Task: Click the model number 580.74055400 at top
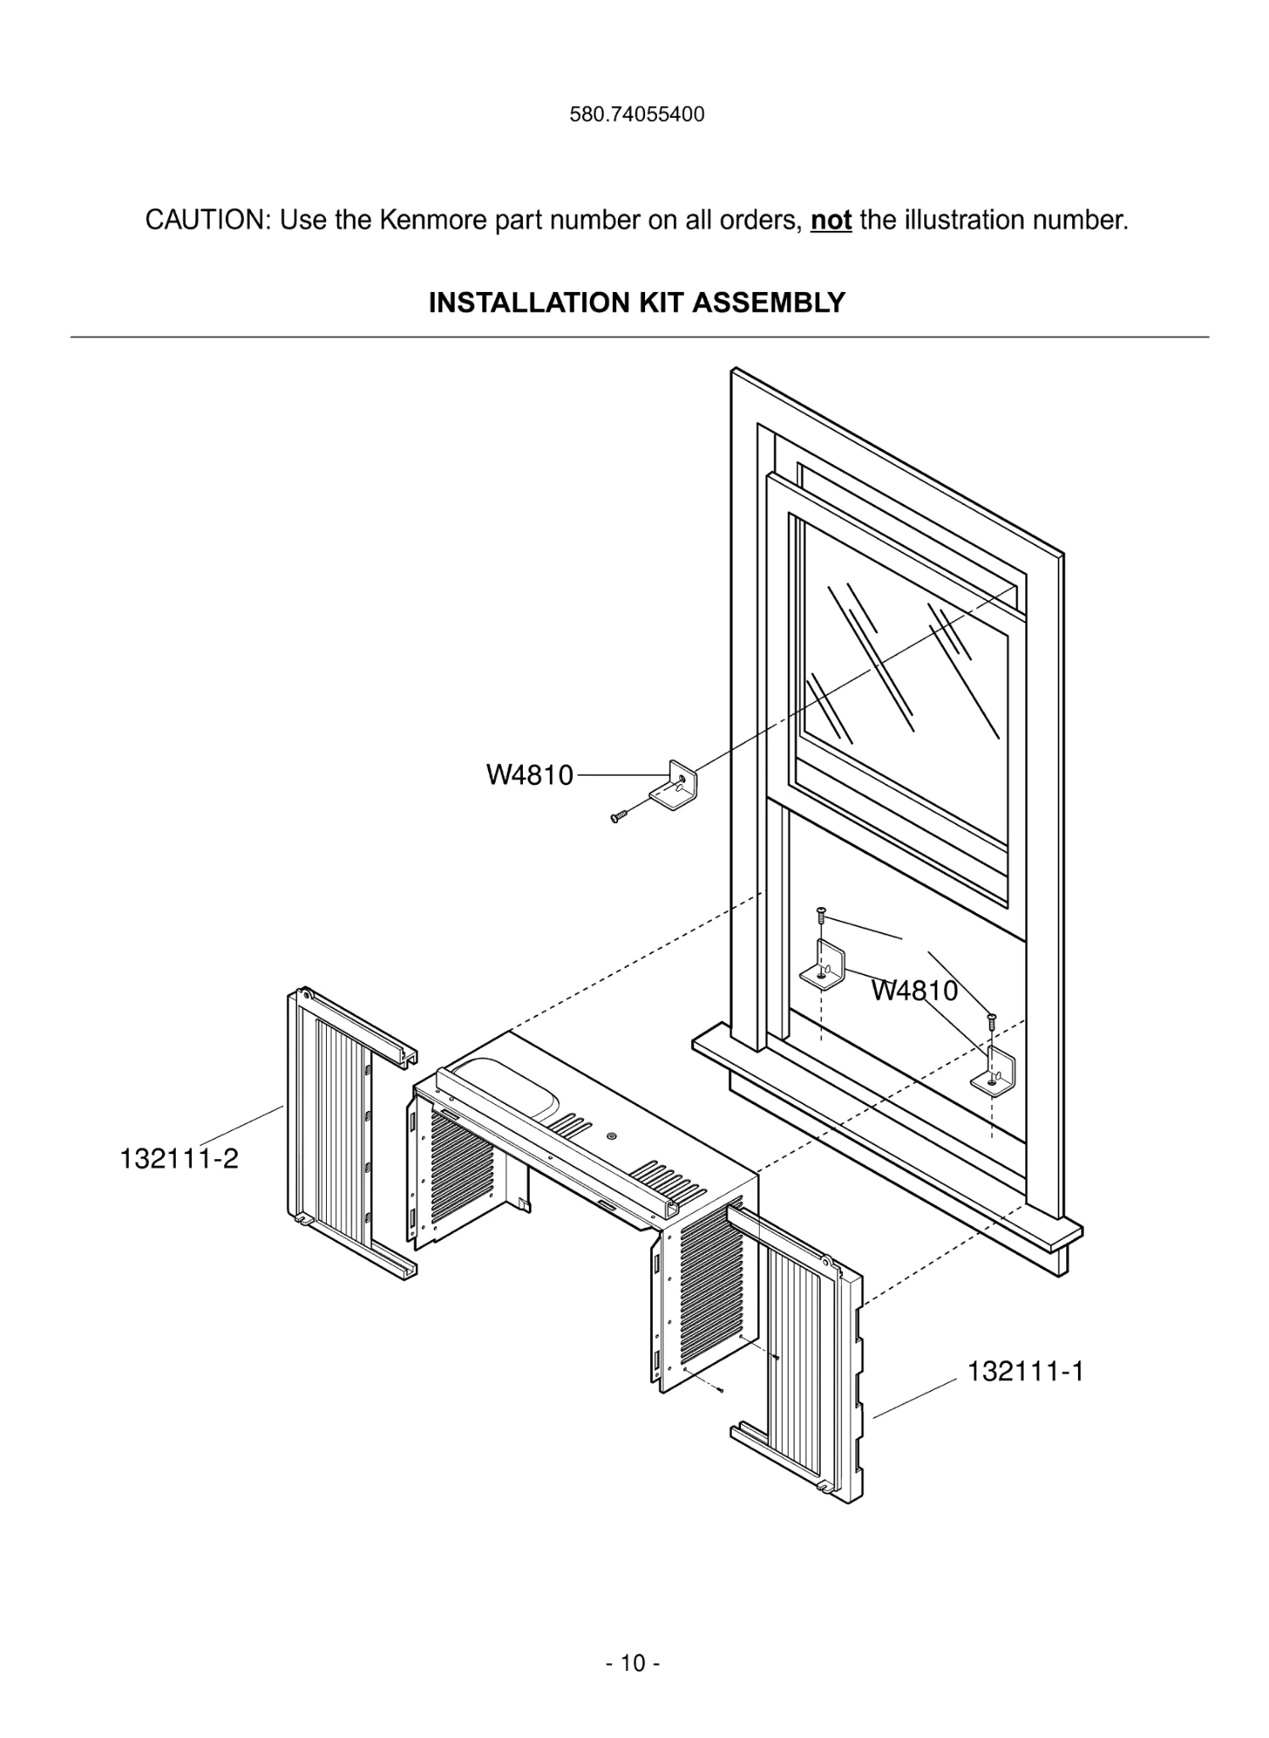pyautogui.click(x=637, y=115)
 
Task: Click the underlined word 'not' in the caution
pyautogui.click(x=831, y=221)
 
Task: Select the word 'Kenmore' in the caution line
pyautogui.click(x=432, y=221)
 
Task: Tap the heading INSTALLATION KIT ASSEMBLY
pyautogui.click(x=637, y=303)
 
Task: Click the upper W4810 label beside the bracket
pyautogui.click(x=530, y=776)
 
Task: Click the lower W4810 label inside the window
pyautogui.click(x=914, y=990)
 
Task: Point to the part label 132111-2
pyautogui.click(x=179, y=1158)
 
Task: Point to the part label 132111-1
pyautogui.click(x=1025, y=1372)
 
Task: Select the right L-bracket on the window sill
pyautogui.click(x=997, y=1072)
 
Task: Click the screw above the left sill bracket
pyautogui.click(x=821, y=916)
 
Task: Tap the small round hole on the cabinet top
pyautogui.click(x=612, y=1136)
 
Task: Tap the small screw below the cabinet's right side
pyautogui.click(x=720, y=1390)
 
